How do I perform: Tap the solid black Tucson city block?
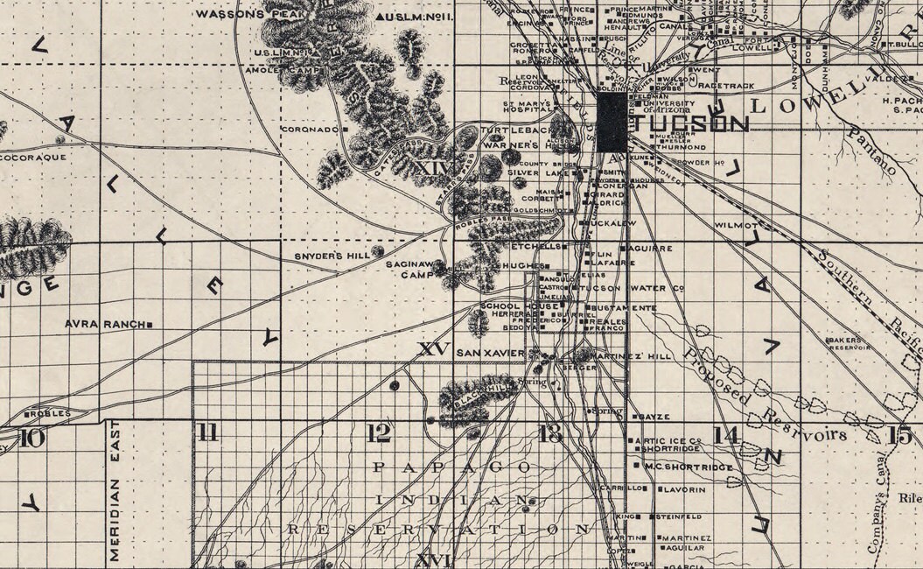[x=612, y=123]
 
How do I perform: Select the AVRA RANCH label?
[x=104, y=324]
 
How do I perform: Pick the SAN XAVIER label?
[x=491, y=352]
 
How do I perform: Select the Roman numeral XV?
[x=434, y=349]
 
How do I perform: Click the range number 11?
[x=207, y=432]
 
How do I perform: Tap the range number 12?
[x=378, y=432]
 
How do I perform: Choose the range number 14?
[x=725, y=435]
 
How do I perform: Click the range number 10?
[x=31, y=437]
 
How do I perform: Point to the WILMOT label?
[x=736, y=225]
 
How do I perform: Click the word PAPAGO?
[x=451, y=467]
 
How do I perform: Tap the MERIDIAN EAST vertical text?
[x=114, y=490]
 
